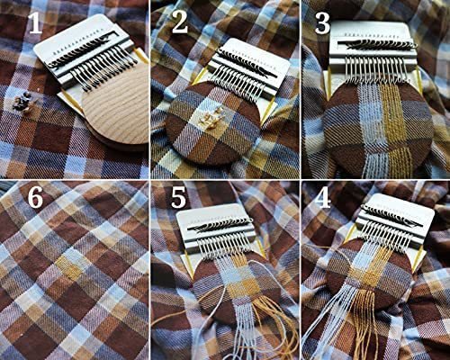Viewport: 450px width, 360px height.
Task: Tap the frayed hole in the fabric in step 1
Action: tap(22, 102)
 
